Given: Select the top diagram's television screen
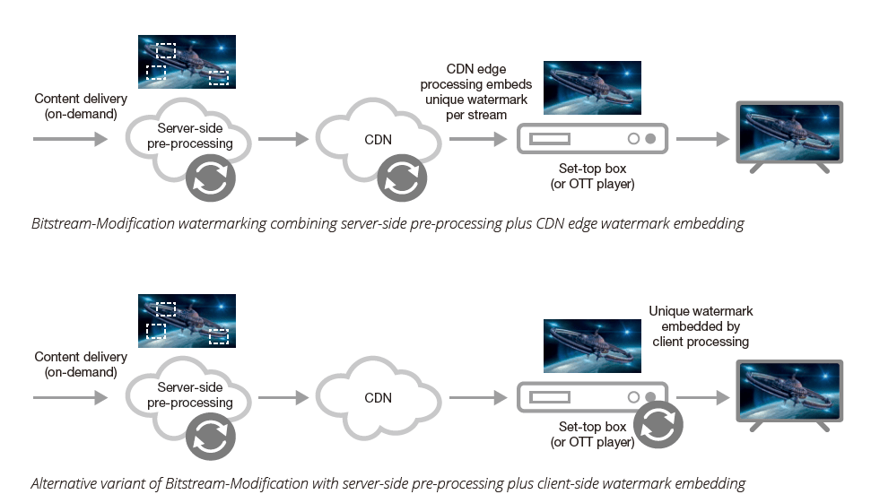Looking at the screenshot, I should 788,133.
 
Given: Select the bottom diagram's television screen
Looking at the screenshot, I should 788,391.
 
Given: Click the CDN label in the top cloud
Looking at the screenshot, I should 379,140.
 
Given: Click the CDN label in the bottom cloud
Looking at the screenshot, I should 379,397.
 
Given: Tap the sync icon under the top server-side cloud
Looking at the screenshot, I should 211,178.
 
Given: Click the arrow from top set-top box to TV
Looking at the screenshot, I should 702,140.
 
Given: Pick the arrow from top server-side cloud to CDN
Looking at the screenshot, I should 283,140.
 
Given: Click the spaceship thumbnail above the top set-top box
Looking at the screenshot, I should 592,88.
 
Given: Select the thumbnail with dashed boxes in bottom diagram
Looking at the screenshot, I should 187,320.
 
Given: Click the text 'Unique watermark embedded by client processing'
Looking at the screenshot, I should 701,326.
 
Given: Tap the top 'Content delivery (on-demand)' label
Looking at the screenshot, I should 81,106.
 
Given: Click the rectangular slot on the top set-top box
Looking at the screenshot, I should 549,139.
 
